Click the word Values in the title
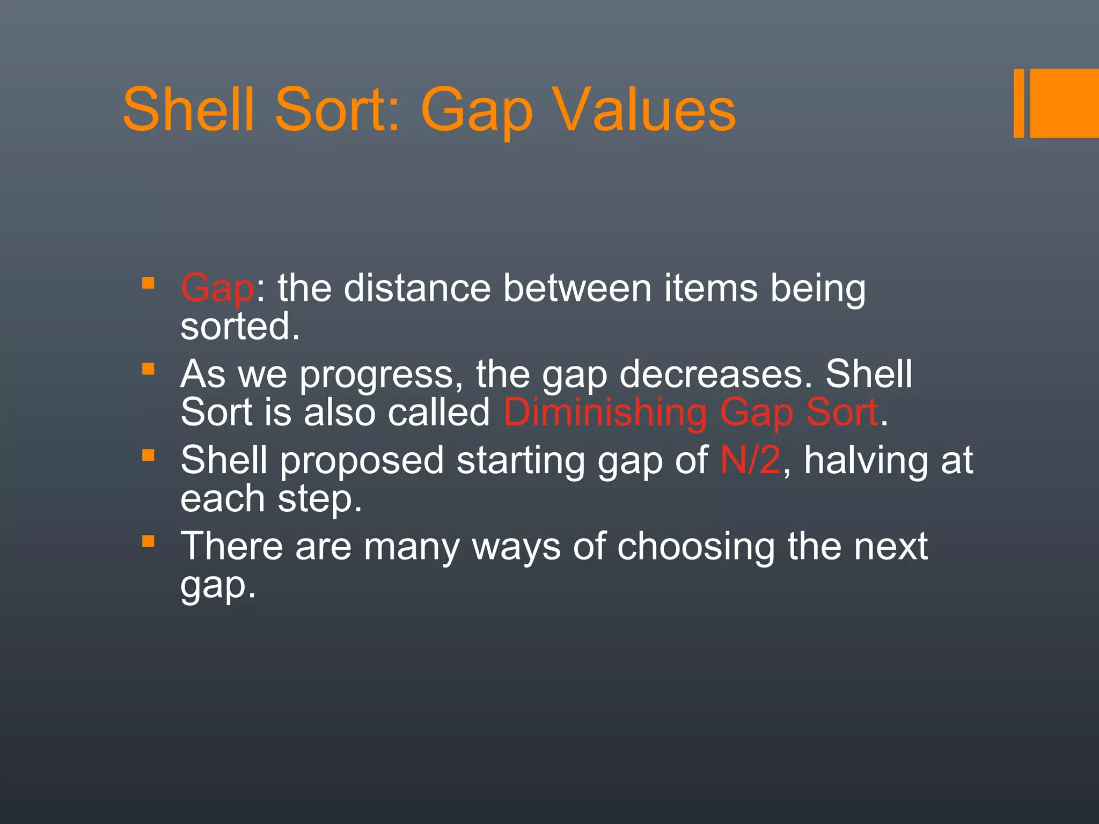(644, 110)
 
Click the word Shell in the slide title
(188, 109)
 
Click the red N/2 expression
(750, 460)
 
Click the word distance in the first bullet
(417, 288)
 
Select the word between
(577, 288)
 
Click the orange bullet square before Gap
(149, 283)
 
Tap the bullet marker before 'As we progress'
(149, 369)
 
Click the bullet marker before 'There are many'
(149, 541)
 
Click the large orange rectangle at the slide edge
(1065, 103)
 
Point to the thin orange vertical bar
(1019, 103)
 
